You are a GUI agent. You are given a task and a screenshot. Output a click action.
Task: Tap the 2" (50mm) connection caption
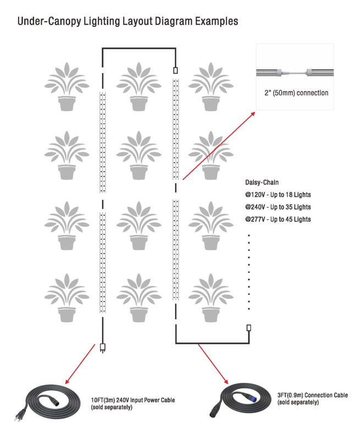click(x=296, y=93)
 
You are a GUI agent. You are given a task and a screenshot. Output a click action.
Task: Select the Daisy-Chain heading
click(x=262, y=182)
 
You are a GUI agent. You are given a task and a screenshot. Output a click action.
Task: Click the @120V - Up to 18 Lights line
click(x=278, y=195)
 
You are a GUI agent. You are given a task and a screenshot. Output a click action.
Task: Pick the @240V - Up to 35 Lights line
click(x=278, y=207)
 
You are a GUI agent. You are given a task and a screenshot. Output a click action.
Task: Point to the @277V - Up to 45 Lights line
click(x=278, y=219)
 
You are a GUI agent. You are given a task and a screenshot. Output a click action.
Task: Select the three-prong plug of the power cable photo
click(x=19, y=416)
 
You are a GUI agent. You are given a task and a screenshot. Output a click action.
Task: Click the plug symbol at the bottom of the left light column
click(x=103, y=348)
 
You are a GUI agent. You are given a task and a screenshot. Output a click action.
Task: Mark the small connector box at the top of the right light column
click(x=176, y=70)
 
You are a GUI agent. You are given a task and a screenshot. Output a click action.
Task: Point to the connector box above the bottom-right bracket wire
click(x=249, y=328)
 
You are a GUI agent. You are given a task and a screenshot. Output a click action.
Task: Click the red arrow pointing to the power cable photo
click(x=80, y=364)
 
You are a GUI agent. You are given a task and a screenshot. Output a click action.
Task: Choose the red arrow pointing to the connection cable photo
click(x=213, y=364)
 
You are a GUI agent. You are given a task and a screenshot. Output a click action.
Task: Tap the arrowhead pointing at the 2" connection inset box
click(x=253, y=113)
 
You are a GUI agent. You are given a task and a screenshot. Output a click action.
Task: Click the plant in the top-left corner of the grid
click(x=67, y=86)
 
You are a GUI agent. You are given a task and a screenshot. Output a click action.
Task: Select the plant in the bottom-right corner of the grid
click(x=211, y=298)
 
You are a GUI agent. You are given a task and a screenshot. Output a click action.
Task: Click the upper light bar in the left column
click(x=103, y=142)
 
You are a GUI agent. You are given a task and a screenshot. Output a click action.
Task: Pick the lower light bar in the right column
click(x=176, y=250)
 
